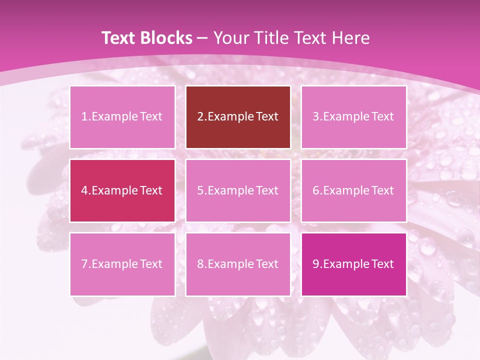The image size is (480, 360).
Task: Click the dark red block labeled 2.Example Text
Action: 238,117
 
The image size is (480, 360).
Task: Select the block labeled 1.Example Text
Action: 122,117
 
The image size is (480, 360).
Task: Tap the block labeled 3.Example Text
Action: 353,117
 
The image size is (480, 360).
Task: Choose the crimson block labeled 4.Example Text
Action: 122,190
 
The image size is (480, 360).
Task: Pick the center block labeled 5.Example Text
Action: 238,190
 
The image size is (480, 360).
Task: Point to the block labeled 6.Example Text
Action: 353,190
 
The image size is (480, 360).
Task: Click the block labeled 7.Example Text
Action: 122,264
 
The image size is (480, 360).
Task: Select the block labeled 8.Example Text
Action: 238,264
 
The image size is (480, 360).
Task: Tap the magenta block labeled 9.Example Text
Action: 353,264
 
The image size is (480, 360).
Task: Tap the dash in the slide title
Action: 202,38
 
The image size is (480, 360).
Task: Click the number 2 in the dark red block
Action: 200,117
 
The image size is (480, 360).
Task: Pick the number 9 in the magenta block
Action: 316,264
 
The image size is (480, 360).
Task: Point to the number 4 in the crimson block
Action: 85,190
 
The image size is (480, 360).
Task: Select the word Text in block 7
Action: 151,264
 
